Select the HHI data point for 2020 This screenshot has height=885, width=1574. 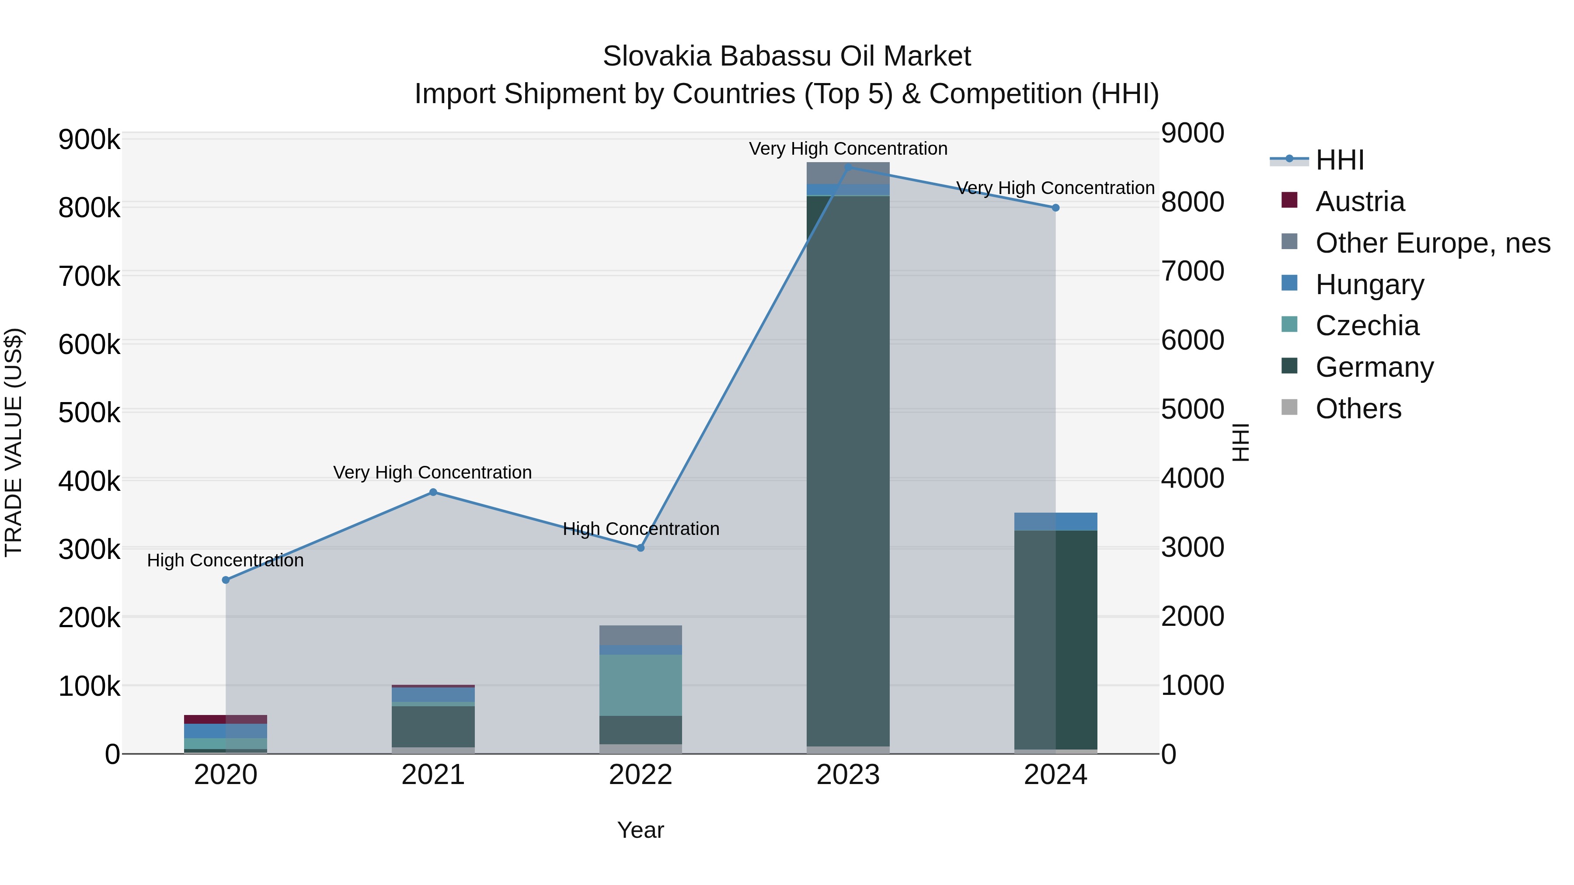(x=226, y=580)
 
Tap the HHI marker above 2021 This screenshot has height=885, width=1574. (x=433, y=492)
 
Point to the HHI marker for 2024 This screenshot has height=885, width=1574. (x=1055, y=208)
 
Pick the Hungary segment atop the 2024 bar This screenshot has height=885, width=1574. (x=1055, y=521)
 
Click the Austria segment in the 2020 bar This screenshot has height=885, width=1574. (x=226, y=719)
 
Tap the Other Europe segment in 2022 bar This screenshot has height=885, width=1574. (x=641, y=635)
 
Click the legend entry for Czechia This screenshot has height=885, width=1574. (x=1367, y=326)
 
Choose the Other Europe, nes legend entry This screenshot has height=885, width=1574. (x=1432, y=243)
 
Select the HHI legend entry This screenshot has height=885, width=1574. (x=1339, y=160)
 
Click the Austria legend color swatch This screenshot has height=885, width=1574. (x=1289, y=200)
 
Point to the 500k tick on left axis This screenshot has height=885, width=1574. (x=89, y=413)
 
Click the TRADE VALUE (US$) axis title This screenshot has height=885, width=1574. (x=14, y=442)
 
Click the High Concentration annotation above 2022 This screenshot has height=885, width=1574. (x=641, y=529)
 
